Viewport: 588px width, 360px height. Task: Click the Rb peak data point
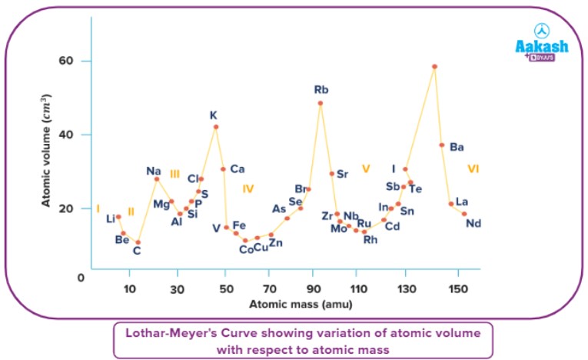coord(321,103)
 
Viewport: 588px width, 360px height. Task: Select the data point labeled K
coord(216,127)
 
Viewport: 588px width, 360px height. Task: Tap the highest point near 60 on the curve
coord(435,67)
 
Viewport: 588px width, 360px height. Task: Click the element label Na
coord(154,171)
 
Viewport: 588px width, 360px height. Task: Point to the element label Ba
coord(457,147)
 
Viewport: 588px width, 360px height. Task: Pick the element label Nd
coord(473,224)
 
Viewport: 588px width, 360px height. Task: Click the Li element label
coord(111,219)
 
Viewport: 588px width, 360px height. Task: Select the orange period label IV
coord(247,188)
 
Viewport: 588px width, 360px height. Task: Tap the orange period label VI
coord(473,168)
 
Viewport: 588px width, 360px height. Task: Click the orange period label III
coord(174,174)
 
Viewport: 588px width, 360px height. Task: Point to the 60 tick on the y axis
coord(65,61)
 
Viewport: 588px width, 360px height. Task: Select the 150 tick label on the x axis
coord(457,288)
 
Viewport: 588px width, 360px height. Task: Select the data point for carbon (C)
coord(138,242)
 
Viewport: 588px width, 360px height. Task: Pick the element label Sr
coord(343,174)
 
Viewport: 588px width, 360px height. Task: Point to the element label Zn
coord(275,244)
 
